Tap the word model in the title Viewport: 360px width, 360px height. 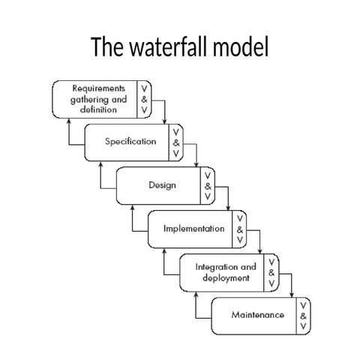point(243,47)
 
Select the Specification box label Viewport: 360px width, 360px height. point(130,142)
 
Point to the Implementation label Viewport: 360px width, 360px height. point(193,229)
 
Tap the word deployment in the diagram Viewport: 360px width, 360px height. point(226,278)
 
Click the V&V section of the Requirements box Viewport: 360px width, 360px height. point(144,98)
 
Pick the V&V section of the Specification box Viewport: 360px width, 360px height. point(176,142)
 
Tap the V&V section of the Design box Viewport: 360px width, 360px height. point(208,185)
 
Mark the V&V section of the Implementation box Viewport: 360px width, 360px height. point(239,229)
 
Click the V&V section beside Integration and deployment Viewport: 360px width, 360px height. point(271,272)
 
